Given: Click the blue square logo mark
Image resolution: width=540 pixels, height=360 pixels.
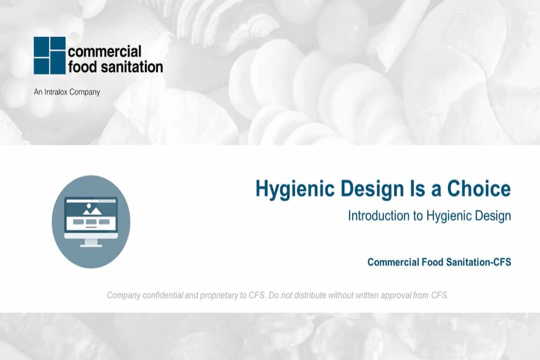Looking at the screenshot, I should (49, 55).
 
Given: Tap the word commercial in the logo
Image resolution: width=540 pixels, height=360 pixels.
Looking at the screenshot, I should (104, 51).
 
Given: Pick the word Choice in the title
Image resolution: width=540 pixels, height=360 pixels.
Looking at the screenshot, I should (478, 189).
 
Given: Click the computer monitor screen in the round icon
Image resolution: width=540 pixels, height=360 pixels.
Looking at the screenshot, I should (91, 215).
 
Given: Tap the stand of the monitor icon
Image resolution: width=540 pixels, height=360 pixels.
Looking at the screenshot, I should (91, 242).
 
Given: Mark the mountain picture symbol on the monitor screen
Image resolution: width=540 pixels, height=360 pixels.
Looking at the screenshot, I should (92, 209).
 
